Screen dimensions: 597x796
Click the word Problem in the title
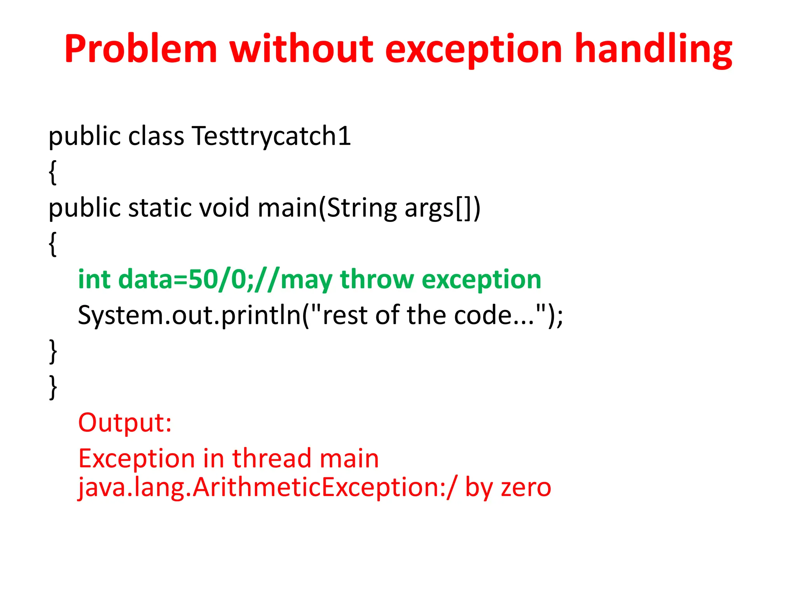141,49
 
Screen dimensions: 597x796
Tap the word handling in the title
653,49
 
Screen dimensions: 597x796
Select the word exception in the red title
473,49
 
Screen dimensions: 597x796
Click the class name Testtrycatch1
271,137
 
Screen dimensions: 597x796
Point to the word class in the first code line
156,137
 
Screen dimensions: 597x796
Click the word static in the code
160,208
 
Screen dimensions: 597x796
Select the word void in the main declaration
224,208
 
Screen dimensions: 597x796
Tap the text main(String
327,208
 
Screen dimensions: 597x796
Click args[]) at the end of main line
442,208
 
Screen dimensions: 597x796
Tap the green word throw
377,279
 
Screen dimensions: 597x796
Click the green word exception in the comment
481,279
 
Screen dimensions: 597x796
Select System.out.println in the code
190,315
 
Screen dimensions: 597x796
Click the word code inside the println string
482,315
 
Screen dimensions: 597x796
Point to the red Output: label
125,423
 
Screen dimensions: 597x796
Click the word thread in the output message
272,459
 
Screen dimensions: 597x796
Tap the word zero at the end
526,487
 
